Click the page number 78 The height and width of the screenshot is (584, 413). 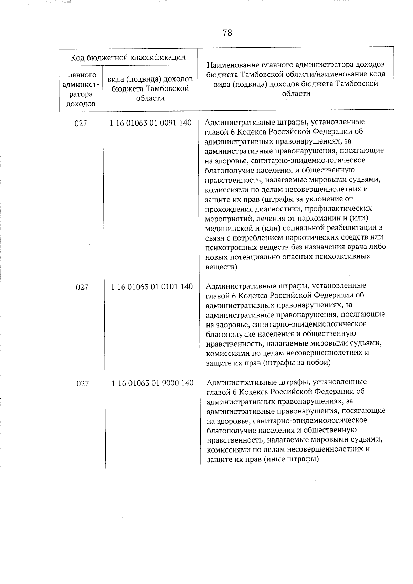[x=227, y=33]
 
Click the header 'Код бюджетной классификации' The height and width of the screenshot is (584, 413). [x=128, y=57]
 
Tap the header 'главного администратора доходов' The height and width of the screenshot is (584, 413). [x=81, y=89]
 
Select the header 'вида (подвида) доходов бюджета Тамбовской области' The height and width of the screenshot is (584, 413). [x=150, y=89]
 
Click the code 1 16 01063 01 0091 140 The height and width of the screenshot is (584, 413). [x=150, y=123]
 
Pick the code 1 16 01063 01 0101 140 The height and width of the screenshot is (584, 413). [x=151, y=287]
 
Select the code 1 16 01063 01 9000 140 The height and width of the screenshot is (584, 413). [x=152, y=383]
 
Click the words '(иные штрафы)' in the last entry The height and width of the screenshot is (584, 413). [x=291, y=459]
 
